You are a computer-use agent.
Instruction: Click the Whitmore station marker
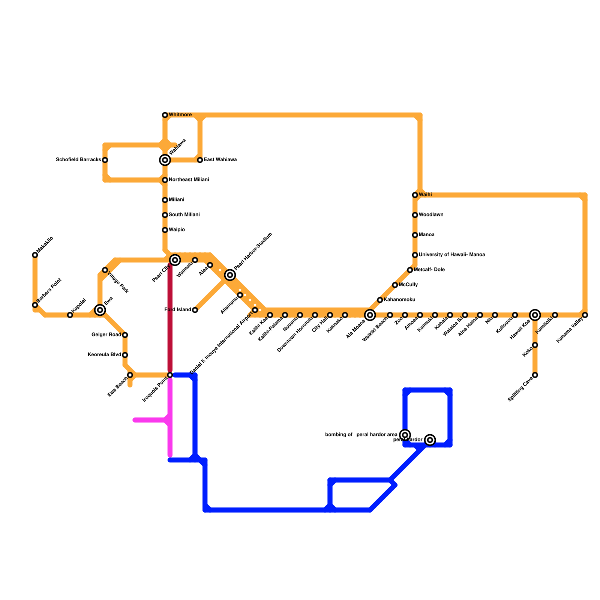(165, 115)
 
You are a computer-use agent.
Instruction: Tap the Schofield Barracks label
(78, 160)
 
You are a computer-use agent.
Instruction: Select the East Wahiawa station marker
(200, 160)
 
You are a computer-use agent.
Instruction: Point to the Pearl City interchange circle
(175, 259)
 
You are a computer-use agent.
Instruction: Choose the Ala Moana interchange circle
(370, 315)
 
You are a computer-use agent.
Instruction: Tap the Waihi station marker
(415, 195)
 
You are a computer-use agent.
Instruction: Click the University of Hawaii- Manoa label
(451, 255)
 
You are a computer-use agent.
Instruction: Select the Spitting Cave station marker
(535, 375)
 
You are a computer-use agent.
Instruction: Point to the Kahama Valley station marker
(585, 315)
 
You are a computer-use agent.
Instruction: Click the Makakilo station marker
(35, 255)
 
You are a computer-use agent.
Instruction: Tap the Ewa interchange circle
(100, 310)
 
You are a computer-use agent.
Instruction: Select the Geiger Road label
(106, 335)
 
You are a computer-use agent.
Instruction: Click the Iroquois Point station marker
(170, 375)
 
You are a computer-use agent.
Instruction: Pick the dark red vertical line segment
(170, 319)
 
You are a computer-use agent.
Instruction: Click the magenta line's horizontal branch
(150, 420)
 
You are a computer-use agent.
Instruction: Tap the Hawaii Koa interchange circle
(535, 315)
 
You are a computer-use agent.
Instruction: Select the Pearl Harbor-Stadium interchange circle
(230, 275)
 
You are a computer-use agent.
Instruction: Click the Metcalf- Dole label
(429, 270)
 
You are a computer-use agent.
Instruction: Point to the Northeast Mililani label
(189, 180)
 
